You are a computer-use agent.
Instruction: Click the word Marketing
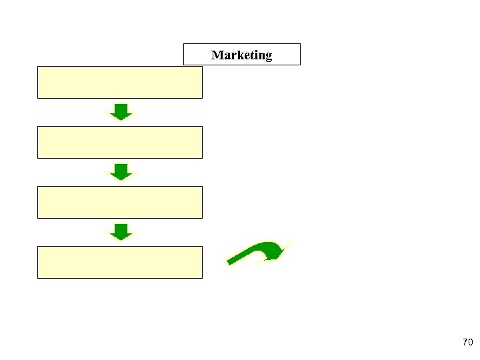pyautogui.click(x=241, y=55)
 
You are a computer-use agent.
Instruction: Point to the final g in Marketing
pyautogui.click(x=268, y=57)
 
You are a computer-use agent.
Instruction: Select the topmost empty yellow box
pyautogui.click(x=119, y=82)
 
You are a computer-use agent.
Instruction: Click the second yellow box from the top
pyautogui.click(x=119, y=142)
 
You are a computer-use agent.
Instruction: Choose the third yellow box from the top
pyautogui.click(x=119, y=202)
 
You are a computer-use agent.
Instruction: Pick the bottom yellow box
pyautogui.click(x=119, y=262)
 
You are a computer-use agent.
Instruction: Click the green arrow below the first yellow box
pyautogui.click(x=121, y=112)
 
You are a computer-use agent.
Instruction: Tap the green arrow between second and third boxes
pyautogui.click(x=121, y=172)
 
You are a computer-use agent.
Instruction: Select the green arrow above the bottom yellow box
pyautogui.click(x=121, y=232)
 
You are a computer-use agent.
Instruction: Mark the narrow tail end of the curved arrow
pyautogui.click(x=231, y=262)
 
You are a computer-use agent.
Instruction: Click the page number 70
pyautogui.click(x=467, y=343)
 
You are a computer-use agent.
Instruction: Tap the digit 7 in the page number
pyautogui.click(x=465, y=343)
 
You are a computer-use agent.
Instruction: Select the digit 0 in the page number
pyautogui.click(x=470, y=343)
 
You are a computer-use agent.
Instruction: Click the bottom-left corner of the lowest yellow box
pyautogui.click(x=38, y=277)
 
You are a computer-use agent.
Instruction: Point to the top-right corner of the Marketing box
pyautogui.click(x=300, y=44)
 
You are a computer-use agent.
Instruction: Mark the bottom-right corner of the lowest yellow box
pyautogui.click(x=201, y=277)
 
